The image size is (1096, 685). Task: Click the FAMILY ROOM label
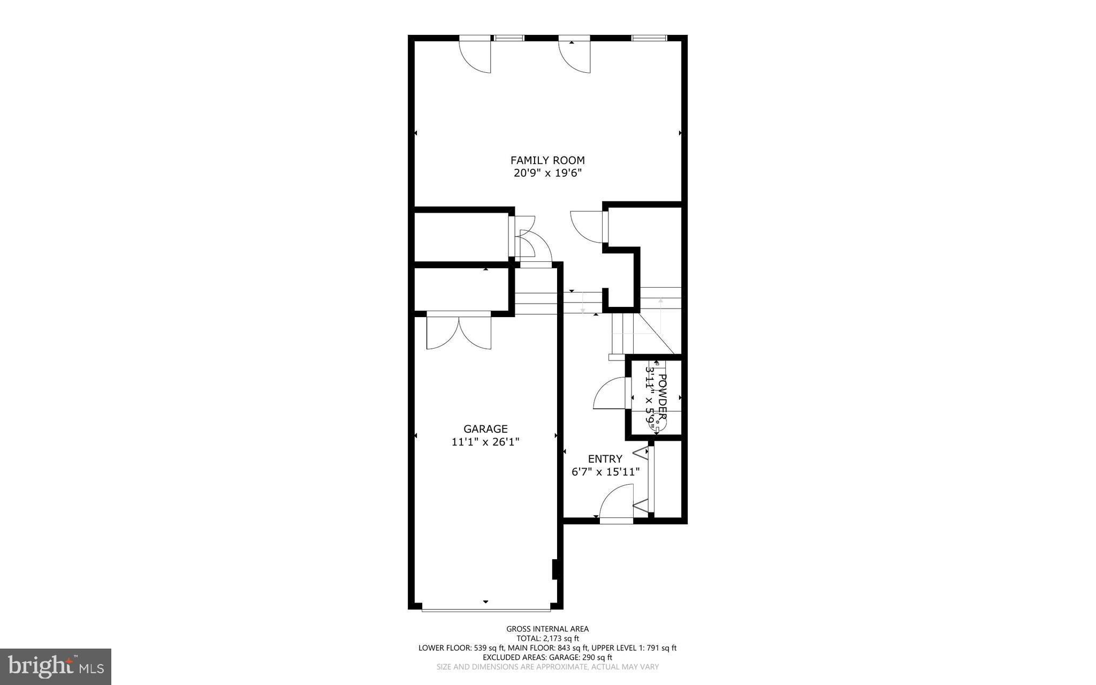[547, 160]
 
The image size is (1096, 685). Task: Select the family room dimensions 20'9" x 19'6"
[547, 173]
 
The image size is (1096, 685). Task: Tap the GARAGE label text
[485, 429]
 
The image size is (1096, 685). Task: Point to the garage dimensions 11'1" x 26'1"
[485, 442]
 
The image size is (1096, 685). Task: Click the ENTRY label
[605, 459]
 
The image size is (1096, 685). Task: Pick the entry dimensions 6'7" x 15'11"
[605, 472]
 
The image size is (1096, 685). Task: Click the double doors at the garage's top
[459, 332]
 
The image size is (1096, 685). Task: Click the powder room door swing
[610, 394]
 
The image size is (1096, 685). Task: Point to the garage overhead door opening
[485, 609]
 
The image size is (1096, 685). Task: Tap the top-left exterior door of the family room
[475, 56]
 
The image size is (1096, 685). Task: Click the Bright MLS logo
[55, 666]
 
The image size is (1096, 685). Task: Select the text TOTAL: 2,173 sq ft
[547, 638]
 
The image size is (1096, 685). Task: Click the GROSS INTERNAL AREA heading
[547, 629]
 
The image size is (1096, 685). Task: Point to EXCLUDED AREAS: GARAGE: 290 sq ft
[547, 657]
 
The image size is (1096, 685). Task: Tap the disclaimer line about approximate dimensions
[547, 667]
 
